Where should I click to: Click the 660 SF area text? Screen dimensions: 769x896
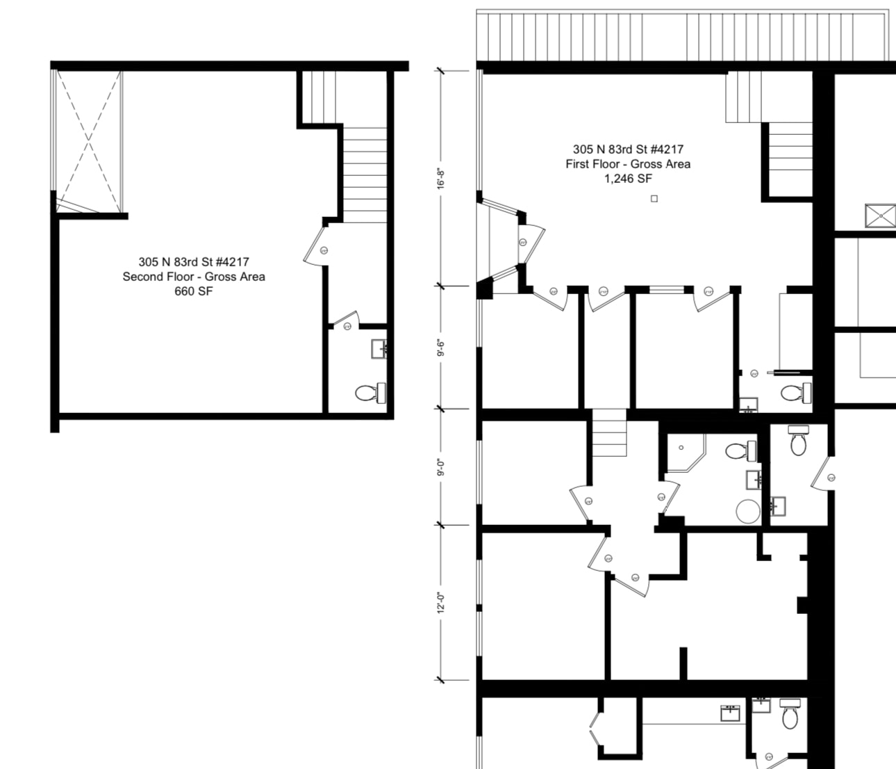(x=193, y=291)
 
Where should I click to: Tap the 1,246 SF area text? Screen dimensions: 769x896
(x=628, y=179)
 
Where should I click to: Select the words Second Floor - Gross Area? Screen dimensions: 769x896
(x=194, y=277)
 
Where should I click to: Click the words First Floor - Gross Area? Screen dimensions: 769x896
(x=628, y=164)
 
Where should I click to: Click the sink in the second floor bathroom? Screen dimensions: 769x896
(x=379, y=348)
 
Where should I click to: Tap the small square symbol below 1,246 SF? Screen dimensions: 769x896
(x=654, y=199)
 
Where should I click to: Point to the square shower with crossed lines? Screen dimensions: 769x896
(x=881, y=216)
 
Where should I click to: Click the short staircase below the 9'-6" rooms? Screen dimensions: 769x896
(x=608, y=432)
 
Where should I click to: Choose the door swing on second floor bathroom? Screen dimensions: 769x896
(x=346, y=323)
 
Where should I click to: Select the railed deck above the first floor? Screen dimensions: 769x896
(x=682, y=36)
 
